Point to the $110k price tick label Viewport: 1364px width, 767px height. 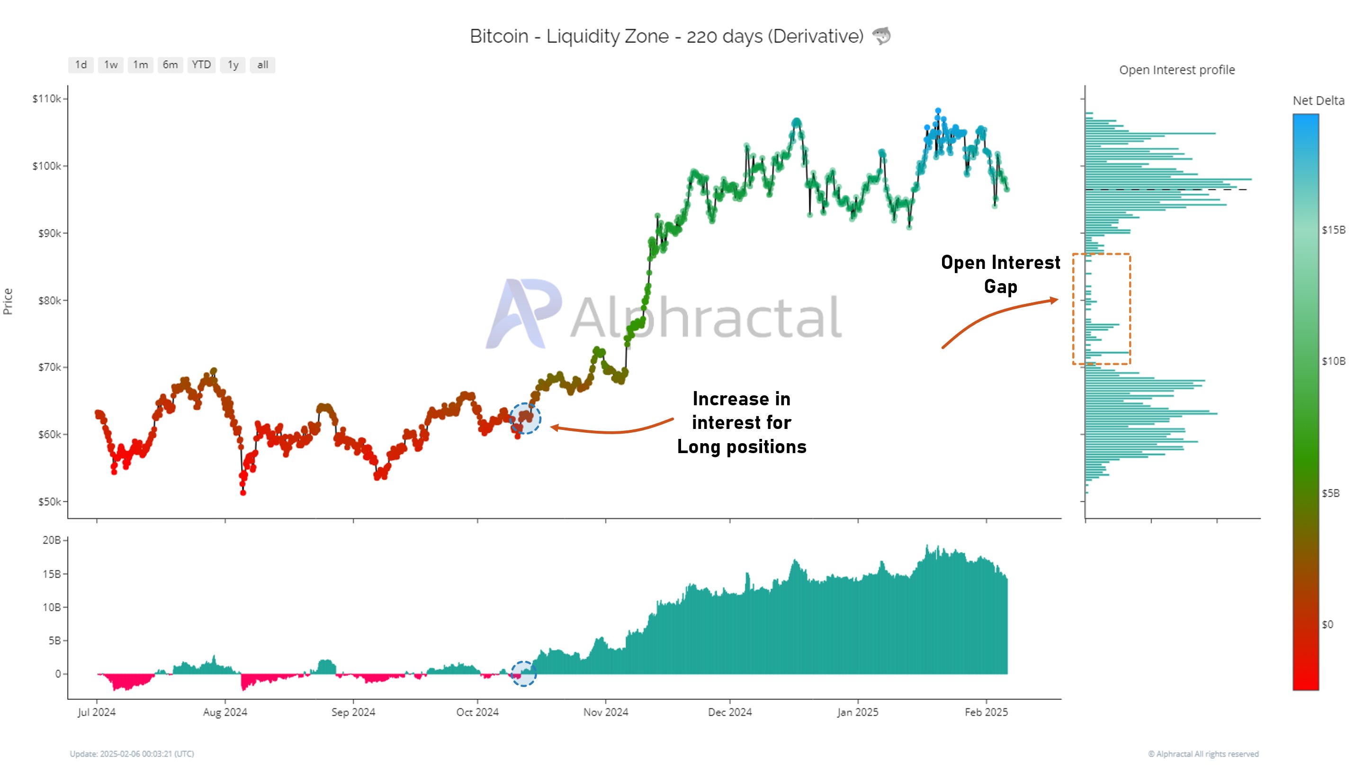pos(46,98)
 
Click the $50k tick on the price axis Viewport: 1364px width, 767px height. pos(49,501)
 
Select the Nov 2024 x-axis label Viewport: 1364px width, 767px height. pos(606,712)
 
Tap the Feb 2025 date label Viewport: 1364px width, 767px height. pos(986,712)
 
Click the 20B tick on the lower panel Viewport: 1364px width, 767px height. pos(51,540)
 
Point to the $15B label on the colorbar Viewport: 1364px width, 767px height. pos(1333,230)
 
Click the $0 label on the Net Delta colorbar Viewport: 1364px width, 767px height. pos(1328,624)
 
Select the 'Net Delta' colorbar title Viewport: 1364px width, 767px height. pos(1318,100)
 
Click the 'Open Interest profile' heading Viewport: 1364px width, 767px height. pos(1176,70)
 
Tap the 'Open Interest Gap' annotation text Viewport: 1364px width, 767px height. pos(1000,274)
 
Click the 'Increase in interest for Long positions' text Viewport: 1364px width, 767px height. pos(741,422)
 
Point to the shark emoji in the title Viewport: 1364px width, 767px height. pos(881,36)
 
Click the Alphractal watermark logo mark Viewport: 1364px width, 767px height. pos(523,313)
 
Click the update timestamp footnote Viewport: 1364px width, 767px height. pos(132,753)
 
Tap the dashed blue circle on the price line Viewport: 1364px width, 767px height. pos(525,418)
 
